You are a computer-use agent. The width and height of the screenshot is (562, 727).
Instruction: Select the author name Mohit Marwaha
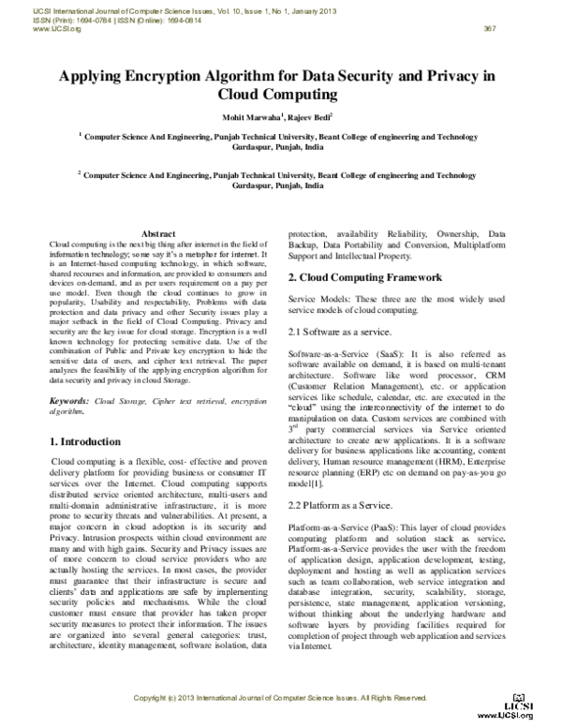coord(246,116)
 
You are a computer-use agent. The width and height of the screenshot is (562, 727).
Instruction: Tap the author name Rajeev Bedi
coord(306,116)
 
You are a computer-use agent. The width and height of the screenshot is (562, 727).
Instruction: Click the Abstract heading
coord(157,233)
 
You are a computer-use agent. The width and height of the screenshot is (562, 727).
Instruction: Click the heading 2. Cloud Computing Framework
coord(364,277)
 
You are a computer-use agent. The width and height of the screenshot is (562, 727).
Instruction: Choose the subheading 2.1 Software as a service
coord(340,333)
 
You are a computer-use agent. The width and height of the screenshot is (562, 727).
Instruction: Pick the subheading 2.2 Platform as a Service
coord(340,505)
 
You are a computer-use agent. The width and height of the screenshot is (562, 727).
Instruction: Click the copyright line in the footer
coord(280,697)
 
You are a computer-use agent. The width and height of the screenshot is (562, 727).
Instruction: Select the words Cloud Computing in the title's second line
coord(276,95)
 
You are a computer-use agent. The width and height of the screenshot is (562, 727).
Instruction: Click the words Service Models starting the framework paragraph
coord(319,298)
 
